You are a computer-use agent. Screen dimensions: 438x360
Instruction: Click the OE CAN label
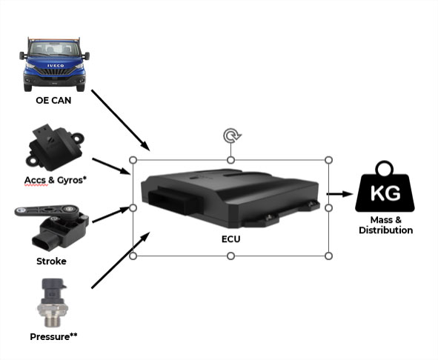(x=53, y=100)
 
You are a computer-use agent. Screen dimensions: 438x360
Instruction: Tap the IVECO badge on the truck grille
(x=56, y=66)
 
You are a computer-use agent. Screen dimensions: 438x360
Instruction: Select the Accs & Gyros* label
(x=56, y=180)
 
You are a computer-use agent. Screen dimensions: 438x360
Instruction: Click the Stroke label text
(x=51, y=261)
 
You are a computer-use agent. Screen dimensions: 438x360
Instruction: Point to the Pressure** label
(x=53, y=336)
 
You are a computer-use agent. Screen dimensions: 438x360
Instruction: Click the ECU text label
(x=230, y=239)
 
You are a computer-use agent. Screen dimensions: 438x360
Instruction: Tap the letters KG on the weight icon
(x=385, y=193)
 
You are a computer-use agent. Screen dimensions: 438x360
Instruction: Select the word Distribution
(x=386, y=230)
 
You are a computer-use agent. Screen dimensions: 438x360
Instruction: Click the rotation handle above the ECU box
(x=231, y=136)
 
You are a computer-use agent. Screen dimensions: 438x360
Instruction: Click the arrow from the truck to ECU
(x=121, y=121)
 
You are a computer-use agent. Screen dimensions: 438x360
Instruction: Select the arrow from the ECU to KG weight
(x=340, y=194)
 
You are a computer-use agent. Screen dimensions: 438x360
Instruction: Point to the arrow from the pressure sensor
(x=121, y=260)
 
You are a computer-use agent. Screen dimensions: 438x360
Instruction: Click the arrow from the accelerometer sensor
(x=111, y=167)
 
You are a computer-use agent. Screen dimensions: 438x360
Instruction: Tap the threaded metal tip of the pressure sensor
(x=52, y=320)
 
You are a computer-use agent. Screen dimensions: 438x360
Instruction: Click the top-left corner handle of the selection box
(x=133, y=160)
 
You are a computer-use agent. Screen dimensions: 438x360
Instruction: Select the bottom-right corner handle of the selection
(x=329, y=256)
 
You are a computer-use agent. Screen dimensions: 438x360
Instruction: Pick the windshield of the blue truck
(x=55, y=49)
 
